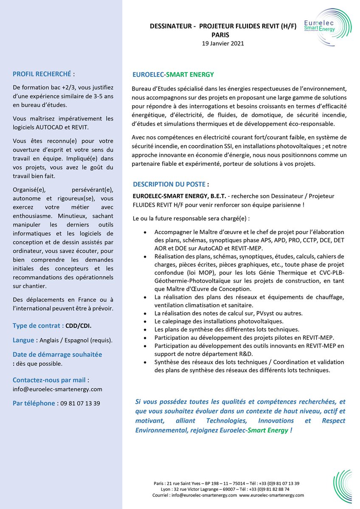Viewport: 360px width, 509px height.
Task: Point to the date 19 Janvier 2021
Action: coord(223,43)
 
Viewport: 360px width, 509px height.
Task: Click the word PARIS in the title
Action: coord(220,35)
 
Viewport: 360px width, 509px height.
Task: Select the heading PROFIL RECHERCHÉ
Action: coord(42,74)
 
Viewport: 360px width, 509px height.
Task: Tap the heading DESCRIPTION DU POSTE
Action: coord(169,185)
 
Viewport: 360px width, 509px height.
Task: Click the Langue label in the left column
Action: coord(23,340)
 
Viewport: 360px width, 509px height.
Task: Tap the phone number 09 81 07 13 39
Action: coord(81,403)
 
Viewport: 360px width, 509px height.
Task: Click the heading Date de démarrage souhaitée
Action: coord(57,354)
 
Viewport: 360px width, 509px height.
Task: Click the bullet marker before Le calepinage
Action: coord(146,321)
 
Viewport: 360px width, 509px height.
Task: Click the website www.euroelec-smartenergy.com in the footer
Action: coord(271,495)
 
